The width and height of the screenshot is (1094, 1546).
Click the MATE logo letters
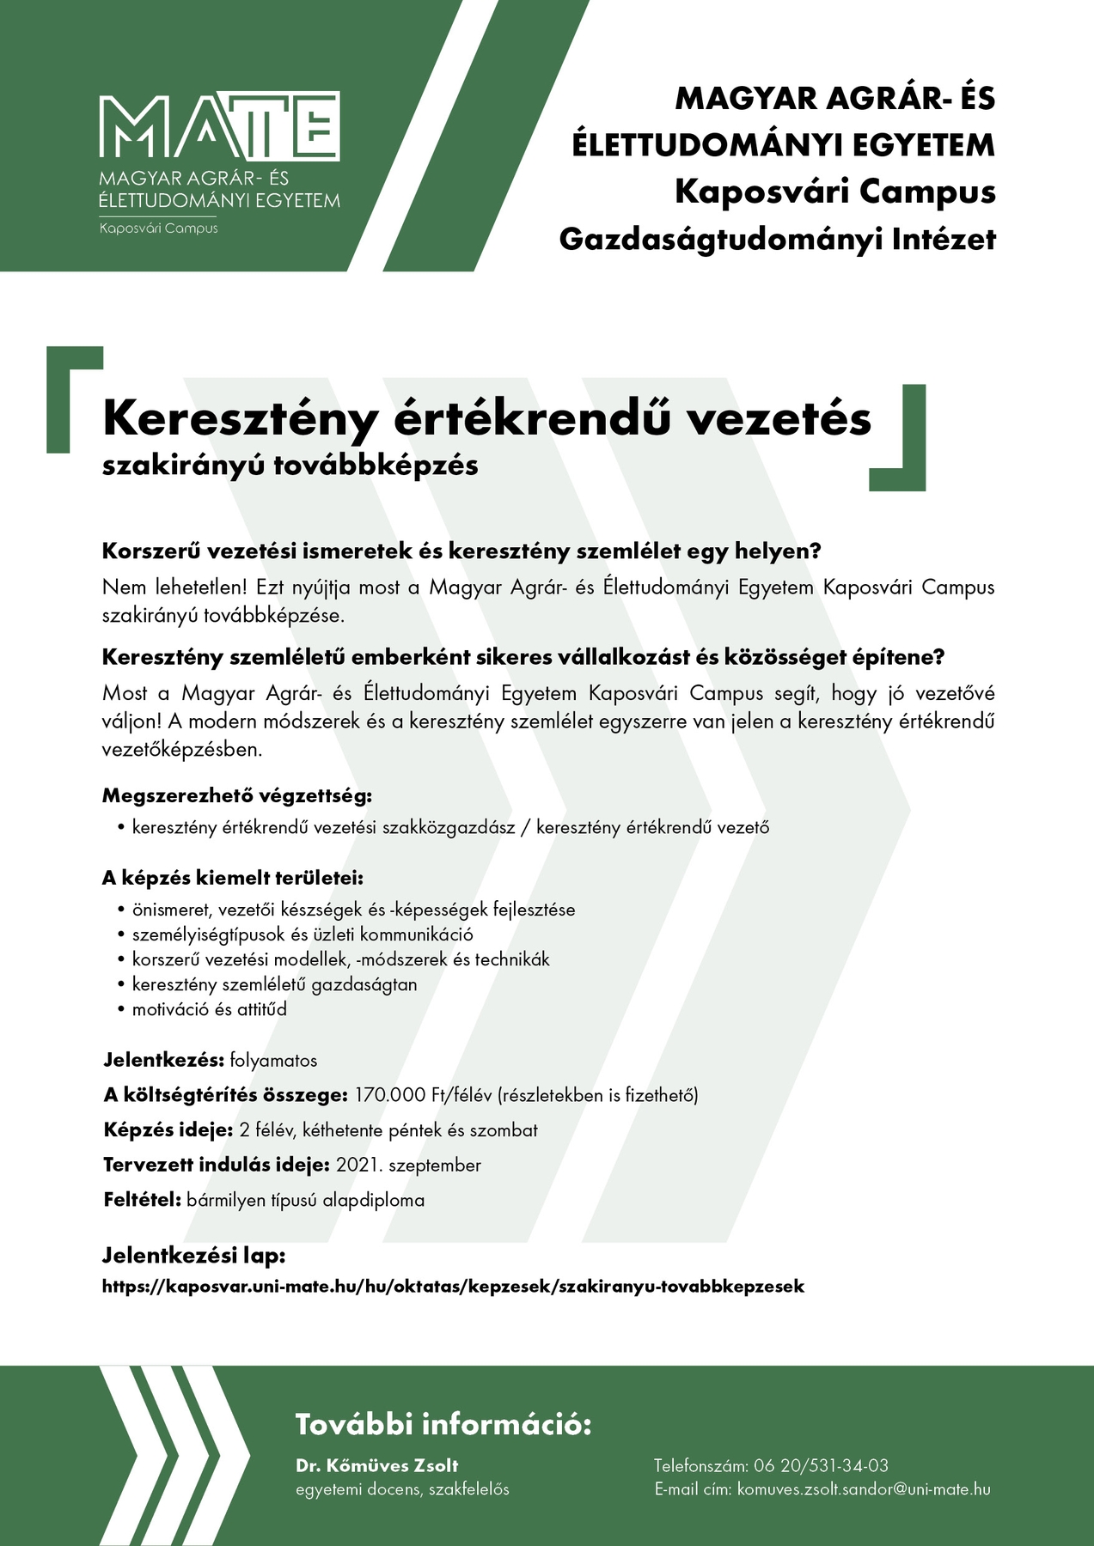220,126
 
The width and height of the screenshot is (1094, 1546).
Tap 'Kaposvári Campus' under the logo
158,228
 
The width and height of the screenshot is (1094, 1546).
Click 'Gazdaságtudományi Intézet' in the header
777,239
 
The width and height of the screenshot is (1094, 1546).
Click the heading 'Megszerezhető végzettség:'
237,795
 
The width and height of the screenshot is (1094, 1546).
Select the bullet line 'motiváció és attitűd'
209,1009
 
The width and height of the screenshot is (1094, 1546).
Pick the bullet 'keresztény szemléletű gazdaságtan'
274,984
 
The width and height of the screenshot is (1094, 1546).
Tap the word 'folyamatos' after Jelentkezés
273,1061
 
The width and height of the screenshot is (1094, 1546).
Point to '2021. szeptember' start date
408,1166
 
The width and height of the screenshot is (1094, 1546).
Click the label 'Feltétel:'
142,1200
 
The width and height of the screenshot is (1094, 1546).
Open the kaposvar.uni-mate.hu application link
453,1287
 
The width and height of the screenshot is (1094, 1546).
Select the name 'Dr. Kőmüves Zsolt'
376,1465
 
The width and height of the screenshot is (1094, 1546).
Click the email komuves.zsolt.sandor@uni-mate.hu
864,1489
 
